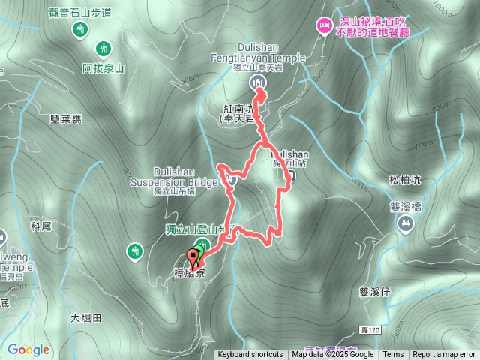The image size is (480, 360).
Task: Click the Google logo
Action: tap(28, 349)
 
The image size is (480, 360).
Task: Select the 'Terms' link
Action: tap(393, 355)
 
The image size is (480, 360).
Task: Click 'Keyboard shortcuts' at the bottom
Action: tap(250, 355)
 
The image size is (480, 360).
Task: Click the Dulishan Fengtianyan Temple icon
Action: tap(257, 82)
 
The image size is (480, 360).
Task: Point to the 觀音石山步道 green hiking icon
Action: tap(80, 29)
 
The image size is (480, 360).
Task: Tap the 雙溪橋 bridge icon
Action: tap(406, 223)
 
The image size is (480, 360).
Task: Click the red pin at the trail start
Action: tap(194, 259)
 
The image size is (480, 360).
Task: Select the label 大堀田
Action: tap(86, 318)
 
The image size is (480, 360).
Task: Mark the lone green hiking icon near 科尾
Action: tap(135, 249)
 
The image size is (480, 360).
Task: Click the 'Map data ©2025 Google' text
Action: tap(332, 355)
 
